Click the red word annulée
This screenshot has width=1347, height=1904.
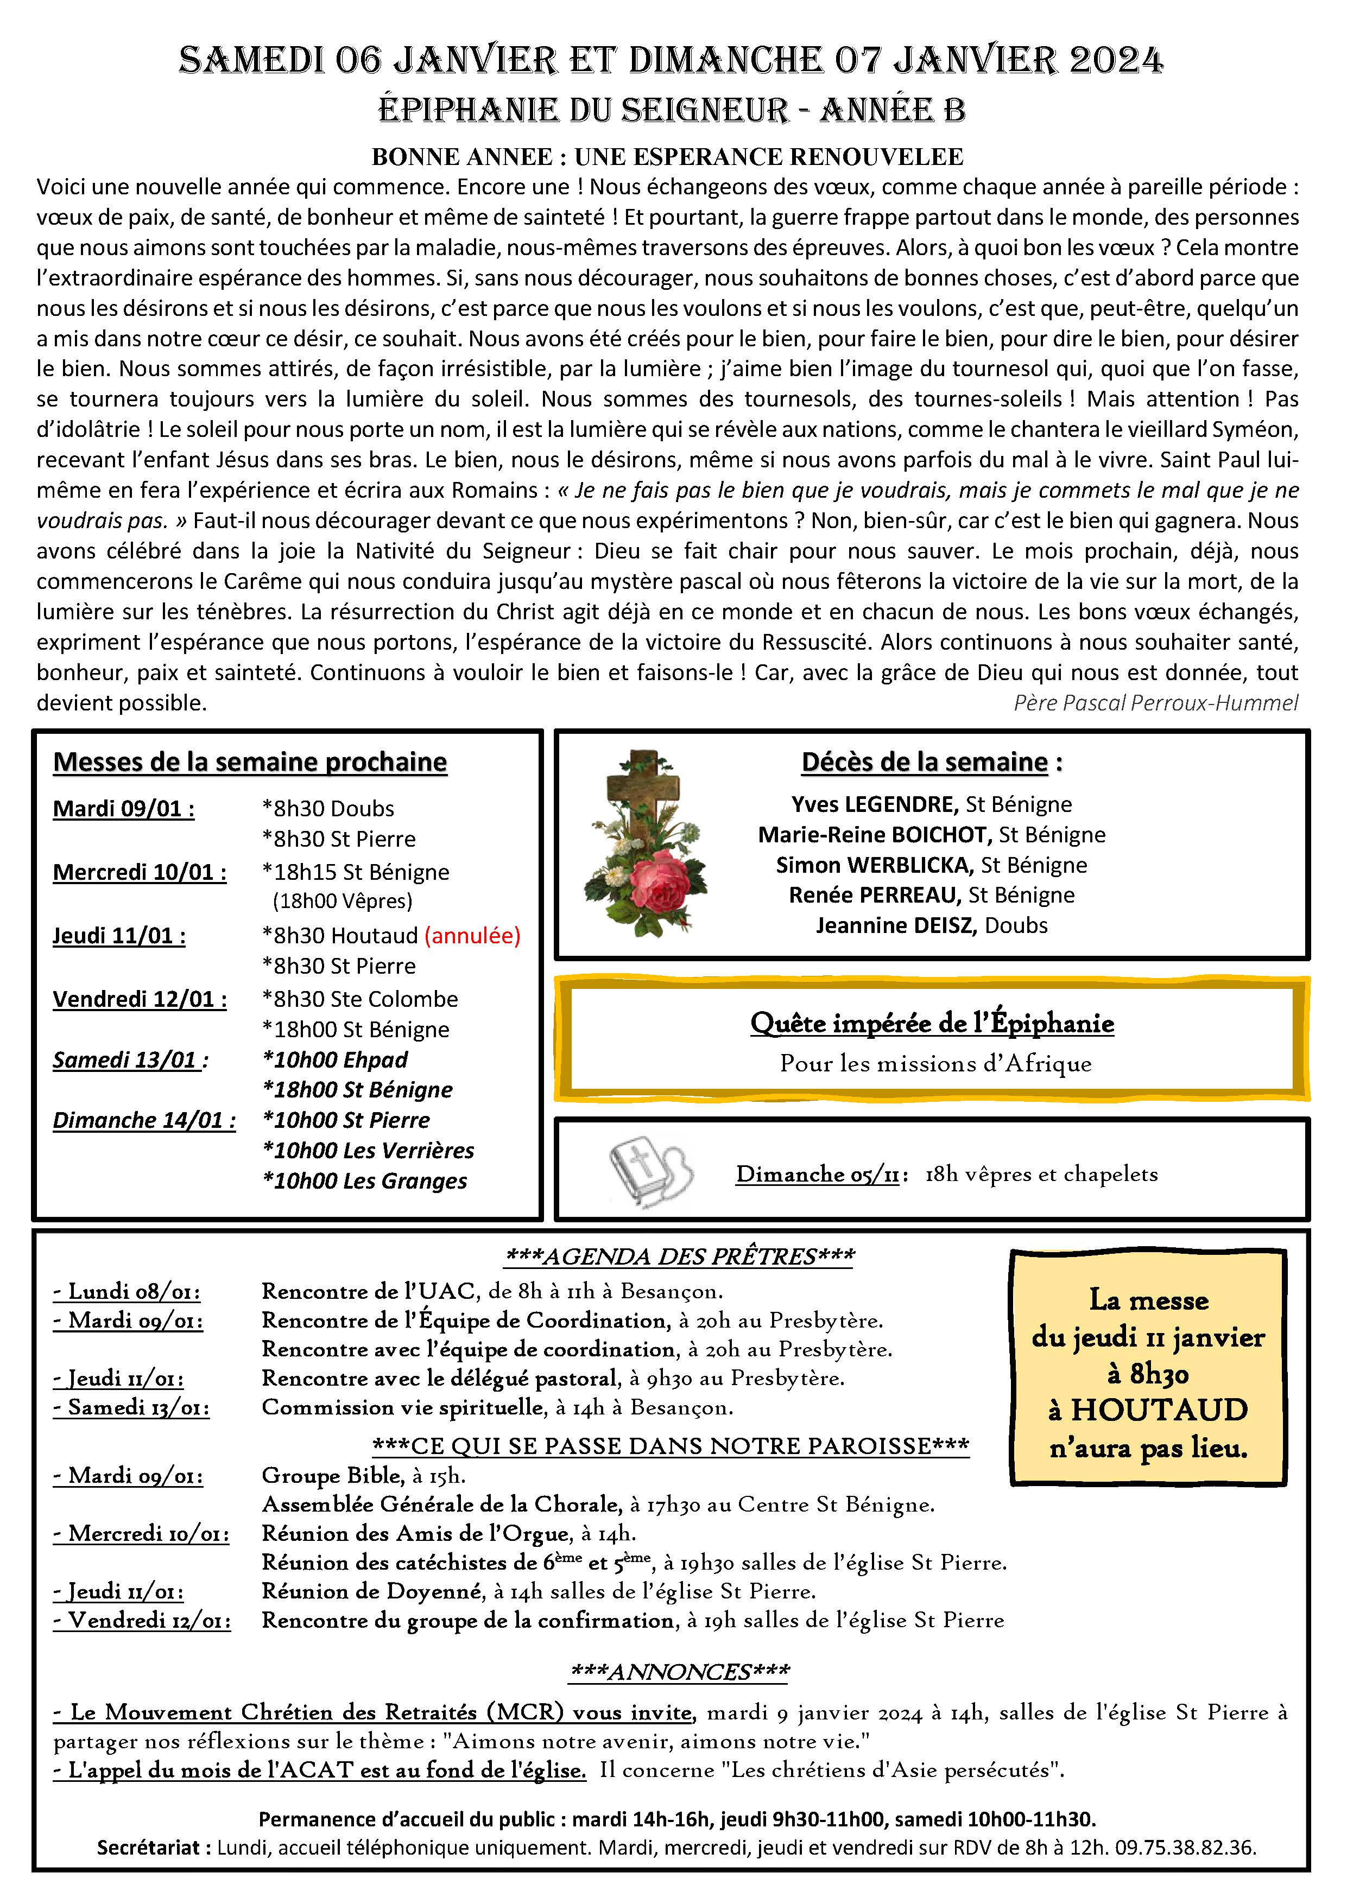point(472,935)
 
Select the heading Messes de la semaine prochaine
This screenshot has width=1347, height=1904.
point(250,762)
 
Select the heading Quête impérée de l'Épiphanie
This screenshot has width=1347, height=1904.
point(932,1023)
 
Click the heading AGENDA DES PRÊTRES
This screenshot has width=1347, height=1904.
point(679,1256)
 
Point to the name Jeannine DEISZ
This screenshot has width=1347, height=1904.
point(894,925)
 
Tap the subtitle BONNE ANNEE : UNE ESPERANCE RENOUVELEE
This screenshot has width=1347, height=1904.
point(667,157)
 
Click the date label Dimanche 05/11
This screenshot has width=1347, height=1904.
point(817,1173)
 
